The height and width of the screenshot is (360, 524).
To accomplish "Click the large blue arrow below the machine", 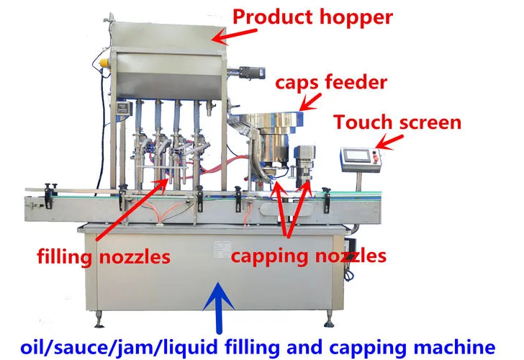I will point(214,302).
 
